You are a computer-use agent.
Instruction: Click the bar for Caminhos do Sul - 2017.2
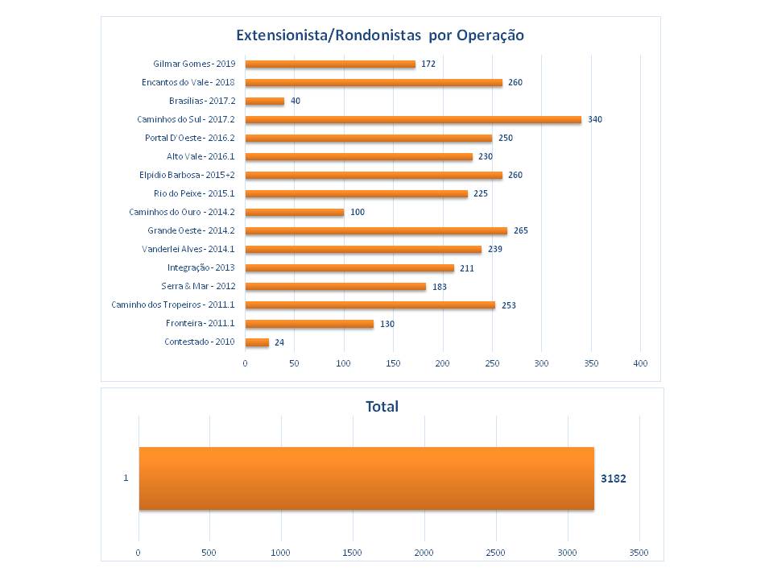click(x=412, y=119)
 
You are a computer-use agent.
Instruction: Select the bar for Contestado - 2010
click(x=257, y=342)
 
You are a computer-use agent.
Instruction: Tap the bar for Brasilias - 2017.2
click(x=264, y=101)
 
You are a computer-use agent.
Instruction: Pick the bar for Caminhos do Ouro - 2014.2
click(x=294, y=212)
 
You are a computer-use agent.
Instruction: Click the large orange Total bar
click(x=366, y=478)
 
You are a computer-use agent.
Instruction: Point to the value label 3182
click(x=614, y=478)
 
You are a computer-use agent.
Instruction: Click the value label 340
click(x=595, y=119)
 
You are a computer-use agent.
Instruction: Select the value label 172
click(x=428, y=64)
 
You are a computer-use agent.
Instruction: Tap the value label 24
click(x=280, y=342)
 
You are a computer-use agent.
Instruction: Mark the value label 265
click(x=520, y=230)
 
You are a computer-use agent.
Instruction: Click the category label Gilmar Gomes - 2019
click(x=194, y=64)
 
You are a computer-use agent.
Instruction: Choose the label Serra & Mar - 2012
click(x=198, y=286)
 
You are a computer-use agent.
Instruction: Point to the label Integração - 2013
click(x=201, y=267)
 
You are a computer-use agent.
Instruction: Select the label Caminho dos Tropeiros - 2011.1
click(x=173, y=304)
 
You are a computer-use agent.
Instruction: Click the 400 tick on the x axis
click(x=640, y=363)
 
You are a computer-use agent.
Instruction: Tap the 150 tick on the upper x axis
click(x=393, y=363)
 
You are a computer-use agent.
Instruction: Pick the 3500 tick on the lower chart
click(x=639, y=552)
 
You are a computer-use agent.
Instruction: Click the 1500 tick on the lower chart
click(x=353, y=552)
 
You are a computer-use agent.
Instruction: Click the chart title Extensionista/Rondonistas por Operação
click(x=380, y=35)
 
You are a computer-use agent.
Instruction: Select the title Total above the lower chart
click(x=382, y=407)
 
